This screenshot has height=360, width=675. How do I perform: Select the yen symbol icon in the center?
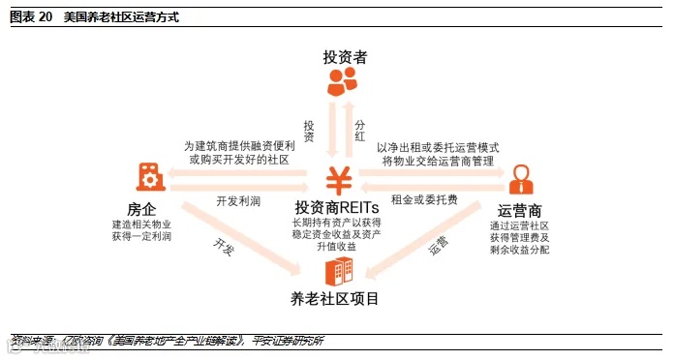click(338, 178)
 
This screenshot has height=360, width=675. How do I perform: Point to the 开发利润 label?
click(238, 201)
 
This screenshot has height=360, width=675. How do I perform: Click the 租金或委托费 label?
click(423, 200)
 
